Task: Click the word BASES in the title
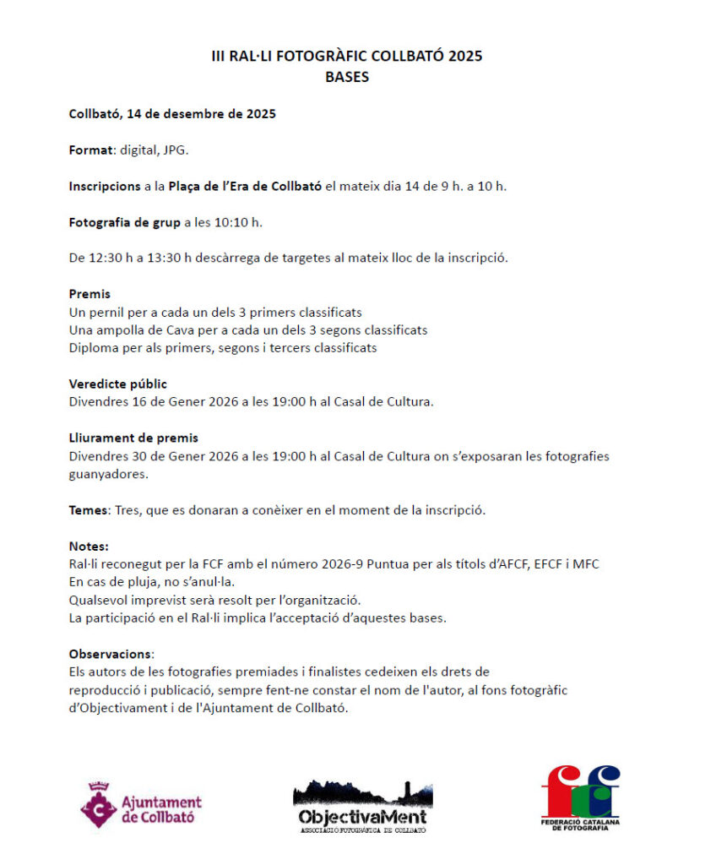click(347, 77)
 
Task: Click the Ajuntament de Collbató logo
click(141, 804)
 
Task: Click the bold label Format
click(90, 150)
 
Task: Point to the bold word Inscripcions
click(105, 186)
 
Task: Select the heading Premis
click(90, 294)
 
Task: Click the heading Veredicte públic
click(118, 384)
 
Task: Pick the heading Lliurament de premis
click(133, 438)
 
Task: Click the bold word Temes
click(88, 510)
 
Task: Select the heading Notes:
click(89, 547)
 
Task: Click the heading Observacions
click(111, 654)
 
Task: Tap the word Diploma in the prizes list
click(93, 347)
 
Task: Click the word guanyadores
click(108, 474)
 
